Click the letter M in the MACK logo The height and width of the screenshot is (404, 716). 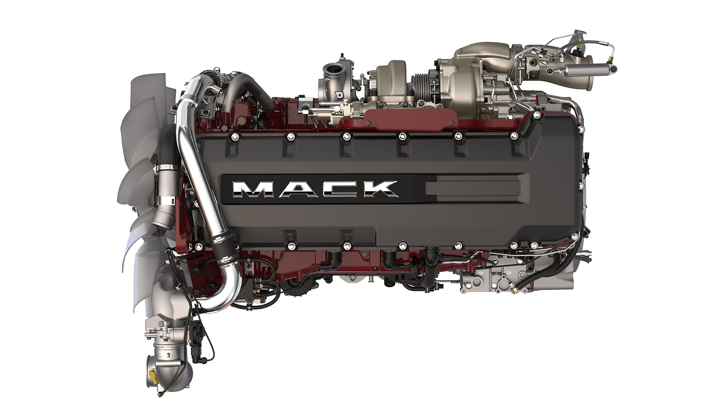click(251, 189)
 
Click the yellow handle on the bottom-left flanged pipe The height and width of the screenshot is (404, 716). click(153, 373)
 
